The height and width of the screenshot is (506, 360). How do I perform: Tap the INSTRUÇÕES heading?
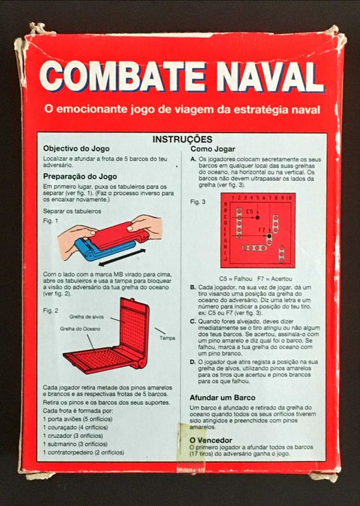coord(182,138)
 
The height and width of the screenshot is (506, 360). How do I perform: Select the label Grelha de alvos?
coord(87,317)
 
